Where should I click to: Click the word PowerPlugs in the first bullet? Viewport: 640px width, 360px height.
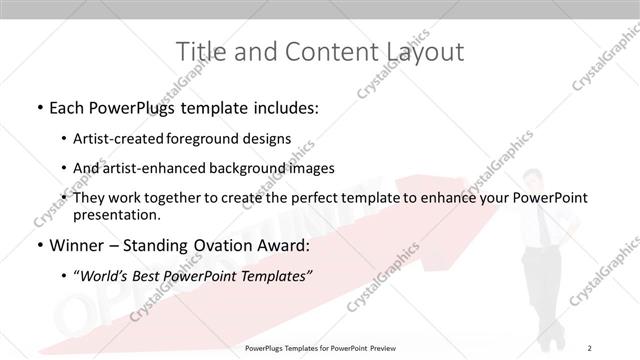[x=129, y=107]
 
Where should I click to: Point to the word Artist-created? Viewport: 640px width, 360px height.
[x=133, y=139]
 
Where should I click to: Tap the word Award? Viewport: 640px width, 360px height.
[x=283, y=246]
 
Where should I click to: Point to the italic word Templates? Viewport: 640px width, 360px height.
[x=276, y=277]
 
